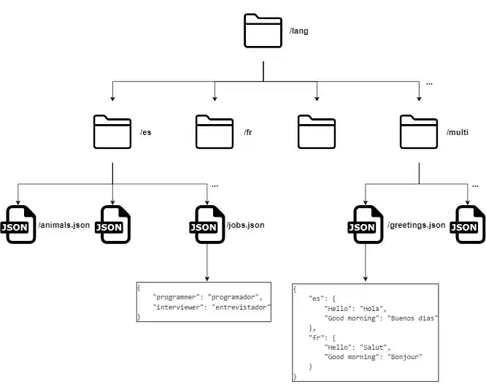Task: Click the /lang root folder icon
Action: tap(263, 31)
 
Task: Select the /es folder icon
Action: tap(112, 132)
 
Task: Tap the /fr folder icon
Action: tap(215, 132)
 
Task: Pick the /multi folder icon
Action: tap(419, 132)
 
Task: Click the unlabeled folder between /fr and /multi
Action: tap(317, 132)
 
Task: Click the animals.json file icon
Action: tap(18, 225)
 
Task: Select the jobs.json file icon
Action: tap(207, 225)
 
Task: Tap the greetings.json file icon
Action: tap(365, 225)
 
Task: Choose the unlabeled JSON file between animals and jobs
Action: tap(112, 225)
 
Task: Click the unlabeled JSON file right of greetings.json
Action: tap(467, 225)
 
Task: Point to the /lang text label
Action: tap(299, 31)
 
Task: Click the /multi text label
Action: tap(458, 133)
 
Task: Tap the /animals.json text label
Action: tap(63, 225)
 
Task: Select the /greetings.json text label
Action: tap(416, 225)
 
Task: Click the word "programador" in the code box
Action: tap(234, 297)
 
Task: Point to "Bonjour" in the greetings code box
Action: tap(406, 356)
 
